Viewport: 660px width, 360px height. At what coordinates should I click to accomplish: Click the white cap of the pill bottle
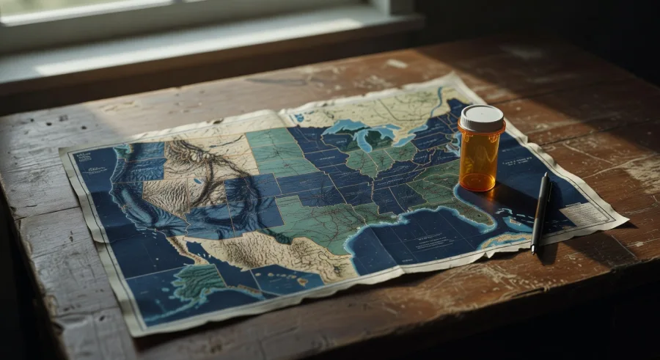tap(481, 117)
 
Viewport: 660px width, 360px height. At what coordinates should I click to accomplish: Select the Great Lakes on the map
tap(367, 136)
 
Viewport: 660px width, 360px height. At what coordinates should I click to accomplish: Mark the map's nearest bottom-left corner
tap(136, 334)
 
